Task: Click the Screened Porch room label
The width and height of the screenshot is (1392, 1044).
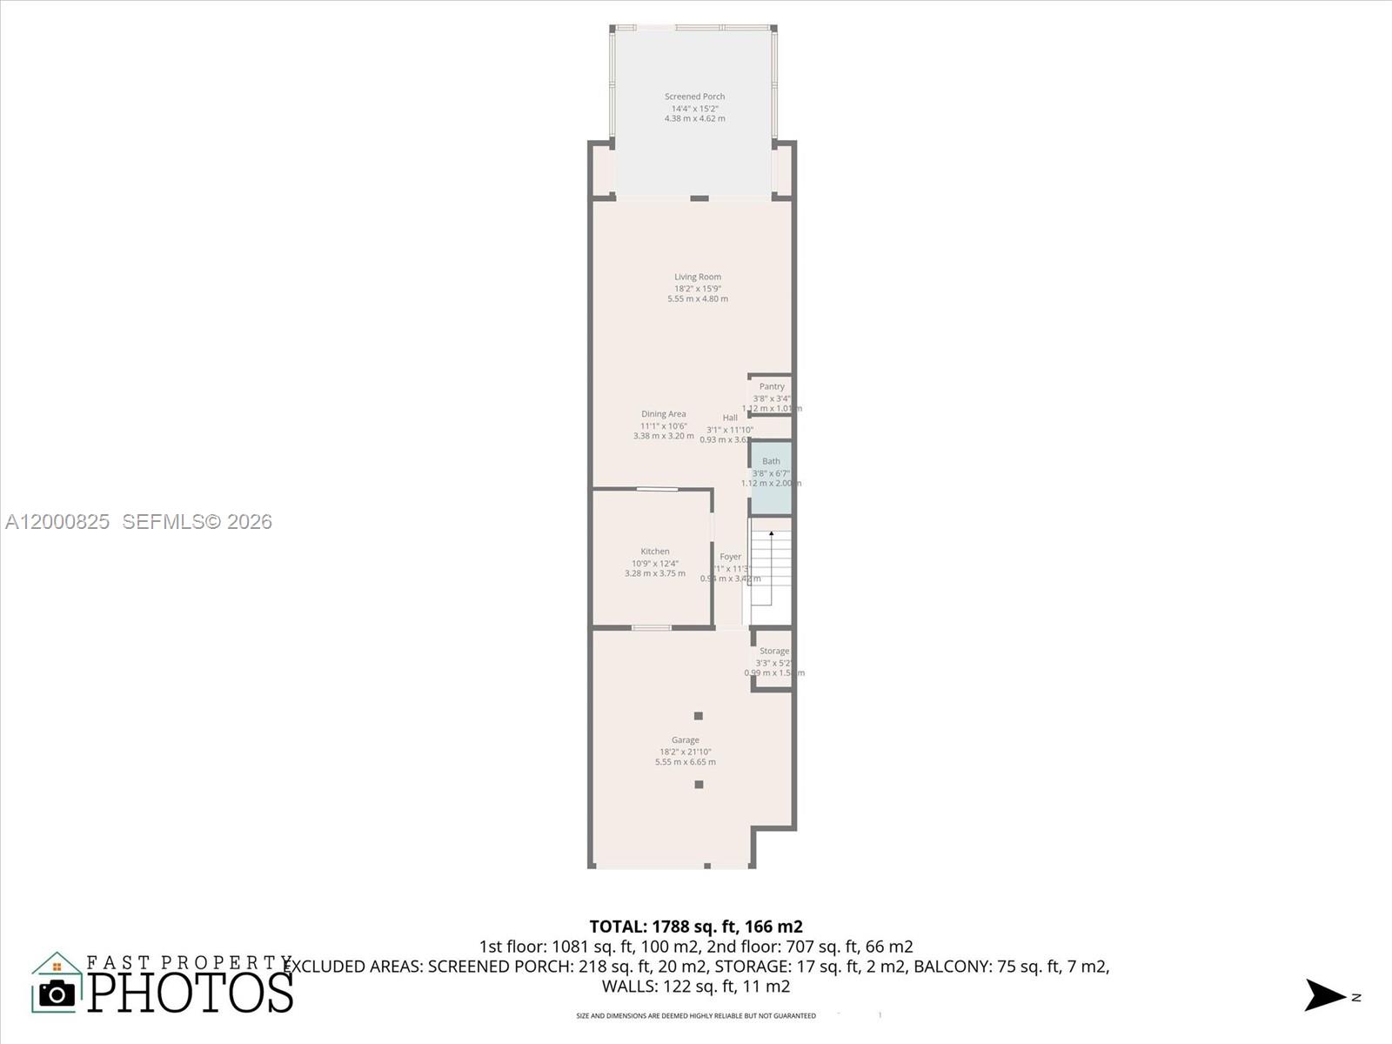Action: pyautogui.click(x=694, y=97)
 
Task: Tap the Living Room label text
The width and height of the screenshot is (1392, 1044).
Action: pyautogui.click(x=697, y=277)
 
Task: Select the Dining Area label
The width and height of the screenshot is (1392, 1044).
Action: pyautogui.click(x=663, y=414)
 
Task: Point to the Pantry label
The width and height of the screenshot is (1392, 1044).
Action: pyautogui.click(x=772, y=386)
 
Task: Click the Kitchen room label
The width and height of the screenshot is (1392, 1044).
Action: pyautogui.click(x=654, y=551)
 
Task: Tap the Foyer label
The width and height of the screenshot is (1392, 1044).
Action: pyautogui.click(x=730, y=557)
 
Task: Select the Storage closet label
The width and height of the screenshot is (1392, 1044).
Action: pyautogui.click(x=773, y=651)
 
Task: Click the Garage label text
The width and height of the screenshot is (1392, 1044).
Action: pyautogui.click(x=685, y=740)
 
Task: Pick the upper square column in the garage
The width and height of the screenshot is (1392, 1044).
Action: pyautogui.click(x=698, y=716)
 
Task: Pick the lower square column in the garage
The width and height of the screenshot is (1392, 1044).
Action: pyautogui.click(x=698, y=785)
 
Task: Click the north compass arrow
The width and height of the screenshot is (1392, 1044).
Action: pyautogui.click(x=1324, y=995)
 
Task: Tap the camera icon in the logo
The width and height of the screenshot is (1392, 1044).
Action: pyautogui.click(x=57, y=994)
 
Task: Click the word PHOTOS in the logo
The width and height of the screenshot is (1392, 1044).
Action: pyautogui.click(x=191, y=993)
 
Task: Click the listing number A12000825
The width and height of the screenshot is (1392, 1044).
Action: pyautogui.click(x=57, y=521)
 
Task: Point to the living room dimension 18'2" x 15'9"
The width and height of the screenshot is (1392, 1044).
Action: pyautogui.click(x=697, y=288)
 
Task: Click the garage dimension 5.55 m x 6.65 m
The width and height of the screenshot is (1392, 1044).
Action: pyautogui.click(x=685, y=762)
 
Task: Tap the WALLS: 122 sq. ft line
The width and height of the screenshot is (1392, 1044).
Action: pyautogui.click(x=695, y=986)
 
